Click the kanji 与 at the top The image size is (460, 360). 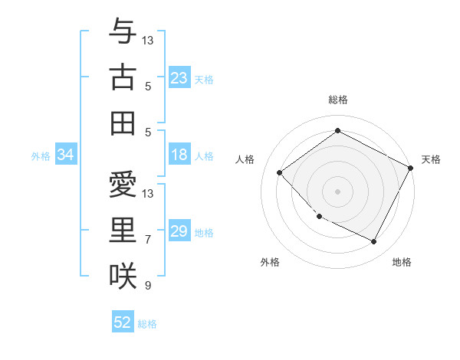[x=123, y=31]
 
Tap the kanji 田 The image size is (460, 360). [x=123, y=122]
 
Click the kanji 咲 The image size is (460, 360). [x=123, y=275]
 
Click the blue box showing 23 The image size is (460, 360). [x=179, y=77]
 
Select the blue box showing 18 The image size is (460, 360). [x=179, y=155]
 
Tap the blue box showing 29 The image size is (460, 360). [x=179, y=232]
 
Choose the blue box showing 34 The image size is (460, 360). [x=65, y=155]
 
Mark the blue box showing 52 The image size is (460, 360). [x=123, y=322]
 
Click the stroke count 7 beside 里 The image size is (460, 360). [x=148, y=240]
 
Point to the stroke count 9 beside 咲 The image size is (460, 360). [x=148, y=286]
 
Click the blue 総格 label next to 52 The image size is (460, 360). [x=147, y=324]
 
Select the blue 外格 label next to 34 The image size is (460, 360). [x=41, y=156]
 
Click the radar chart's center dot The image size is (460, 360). [x=337, y=191]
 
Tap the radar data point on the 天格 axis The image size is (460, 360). [x=410, y=168]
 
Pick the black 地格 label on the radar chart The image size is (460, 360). [x=402, y=263]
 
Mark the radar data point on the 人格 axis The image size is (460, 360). [x=281, y=172]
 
